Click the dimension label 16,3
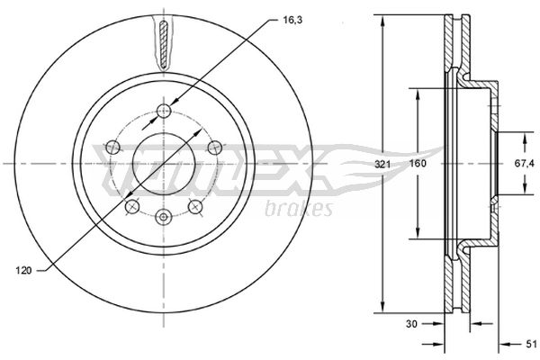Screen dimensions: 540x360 (292, 21)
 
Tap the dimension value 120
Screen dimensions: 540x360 (23, 270)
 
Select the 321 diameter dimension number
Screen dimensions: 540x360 (382, 165)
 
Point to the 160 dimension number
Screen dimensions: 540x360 (418, 164)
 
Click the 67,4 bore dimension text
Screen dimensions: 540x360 (525, 164)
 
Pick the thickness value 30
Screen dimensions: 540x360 (411, 324)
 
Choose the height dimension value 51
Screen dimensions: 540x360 (531, 344)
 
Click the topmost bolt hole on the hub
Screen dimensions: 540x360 (164, 111)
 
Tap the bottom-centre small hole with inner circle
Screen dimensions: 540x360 (163, 217)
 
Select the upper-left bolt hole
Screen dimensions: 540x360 (112, 148)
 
